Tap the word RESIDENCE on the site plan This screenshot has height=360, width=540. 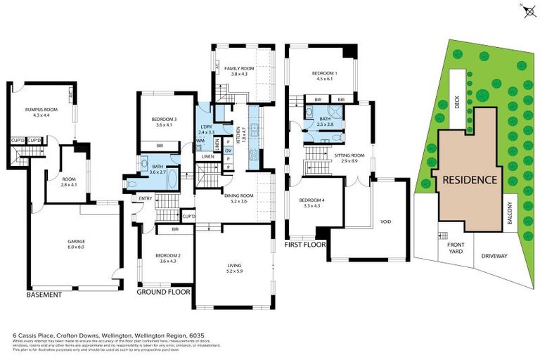470,180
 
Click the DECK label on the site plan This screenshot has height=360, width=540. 457,103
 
